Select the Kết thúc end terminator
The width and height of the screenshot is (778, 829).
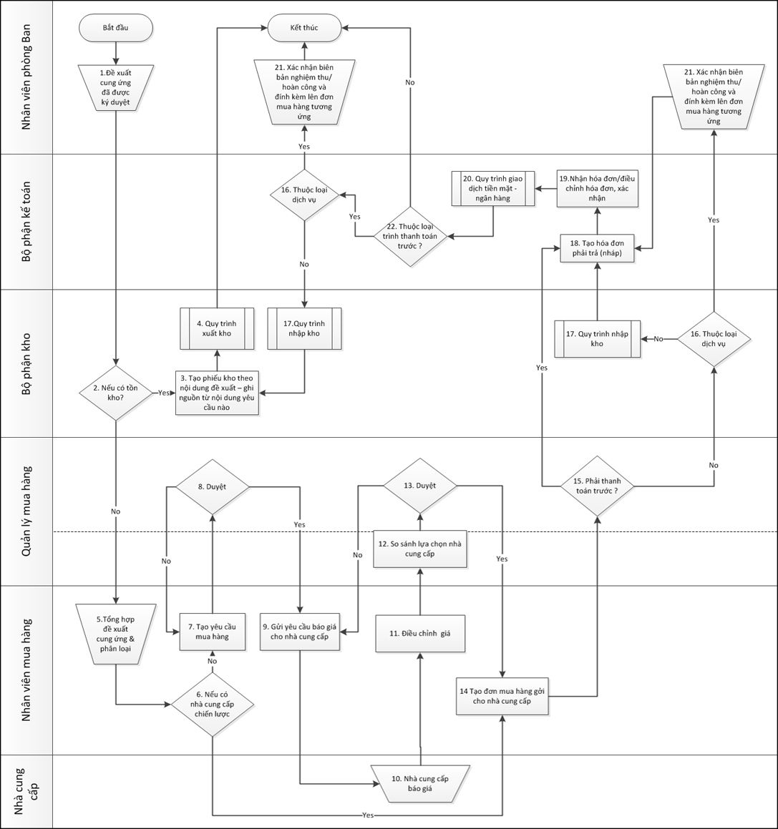(x=304, y=27)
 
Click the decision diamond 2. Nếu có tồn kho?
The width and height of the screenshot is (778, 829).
(x=115, y=393)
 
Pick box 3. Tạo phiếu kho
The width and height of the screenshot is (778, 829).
(x=218, y=393)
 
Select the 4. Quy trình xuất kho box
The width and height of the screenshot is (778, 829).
(x=217, y=328)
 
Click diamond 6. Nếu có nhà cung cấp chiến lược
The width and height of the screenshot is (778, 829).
(x=213, y=704)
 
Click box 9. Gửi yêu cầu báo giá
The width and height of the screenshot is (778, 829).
(x=300, y=632)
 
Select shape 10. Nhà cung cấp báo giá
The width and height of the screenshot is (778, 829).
(x=419, y=783)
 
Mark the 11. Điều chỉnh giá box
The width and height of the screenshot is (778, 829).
(x=419, y=634)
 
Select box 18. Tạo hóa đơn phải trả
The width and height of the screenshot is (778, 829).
(x=597, y=248)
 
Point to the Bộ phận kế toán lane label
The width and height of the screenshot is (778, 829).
(x=26, y=221)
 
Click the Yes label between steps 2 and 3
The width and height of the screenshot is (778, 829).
(x=164, y=393)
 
